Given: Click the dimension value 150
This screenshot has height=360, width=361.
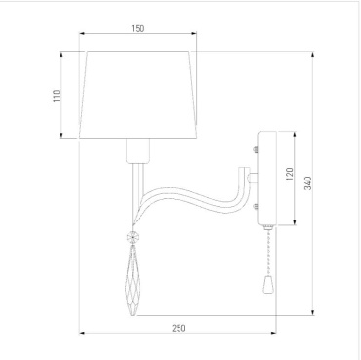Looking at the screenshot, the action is point(138,28).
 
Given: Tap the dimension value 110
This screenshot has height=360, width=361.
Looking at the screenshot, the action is point(57,97).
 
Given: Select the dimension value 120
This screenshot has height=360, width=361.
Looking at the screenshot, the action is point(290,174).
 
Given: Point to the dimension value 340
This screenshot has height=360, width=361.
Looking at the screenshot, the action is point(307,183).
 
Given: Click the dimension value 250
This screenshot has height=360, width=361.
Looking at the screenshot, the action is point(179,328).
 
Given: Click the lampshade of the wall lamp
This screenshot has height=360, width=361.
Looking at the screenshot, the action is point(138,95).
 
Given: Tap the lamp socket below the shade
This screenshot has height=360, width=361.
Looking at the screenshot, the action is point(139,150).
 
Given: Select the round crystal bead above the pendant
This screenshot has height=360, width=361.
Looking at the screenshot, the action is point(133,237).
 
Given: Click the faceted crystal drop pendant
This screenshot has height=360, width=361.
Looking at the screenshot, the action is point(133,280).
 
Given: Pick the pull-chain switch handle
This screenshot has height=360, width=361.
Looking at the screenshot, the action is point(267,284).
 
